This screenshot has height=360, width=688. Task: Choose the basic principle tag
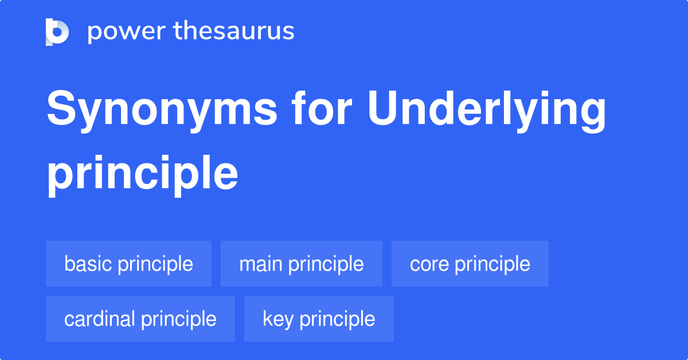point(128,264)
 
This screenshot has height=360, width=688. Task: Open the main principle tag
point(302,264)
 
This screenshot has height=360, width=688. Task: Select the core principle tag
point(470,264)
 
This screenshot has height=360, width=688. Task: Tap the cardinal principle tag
point(140,319)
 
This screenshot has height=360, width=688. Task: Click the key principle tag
point(319,319)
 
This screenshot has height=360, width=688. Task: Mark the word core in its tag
point(428,264)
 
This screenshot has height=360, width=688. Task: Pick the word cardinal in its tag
point(100,319)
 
